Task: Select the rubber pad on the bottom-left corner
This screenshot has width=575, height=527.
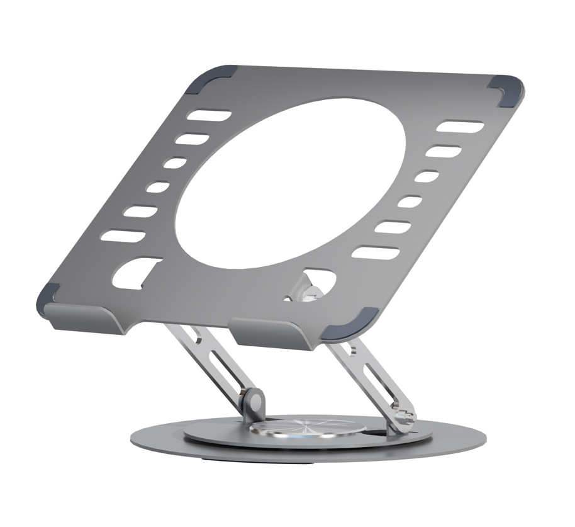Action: point(48,296)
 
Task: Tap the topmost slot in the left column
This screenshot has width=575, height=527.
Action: point(211,116)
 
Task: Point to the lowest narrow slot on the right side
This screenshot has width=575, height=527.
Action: point(375,252)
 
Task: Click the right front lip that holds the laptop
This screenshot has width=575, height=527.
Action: point(274,334)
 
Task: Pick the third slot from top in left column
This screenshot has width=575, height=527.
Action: point(174,163)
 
